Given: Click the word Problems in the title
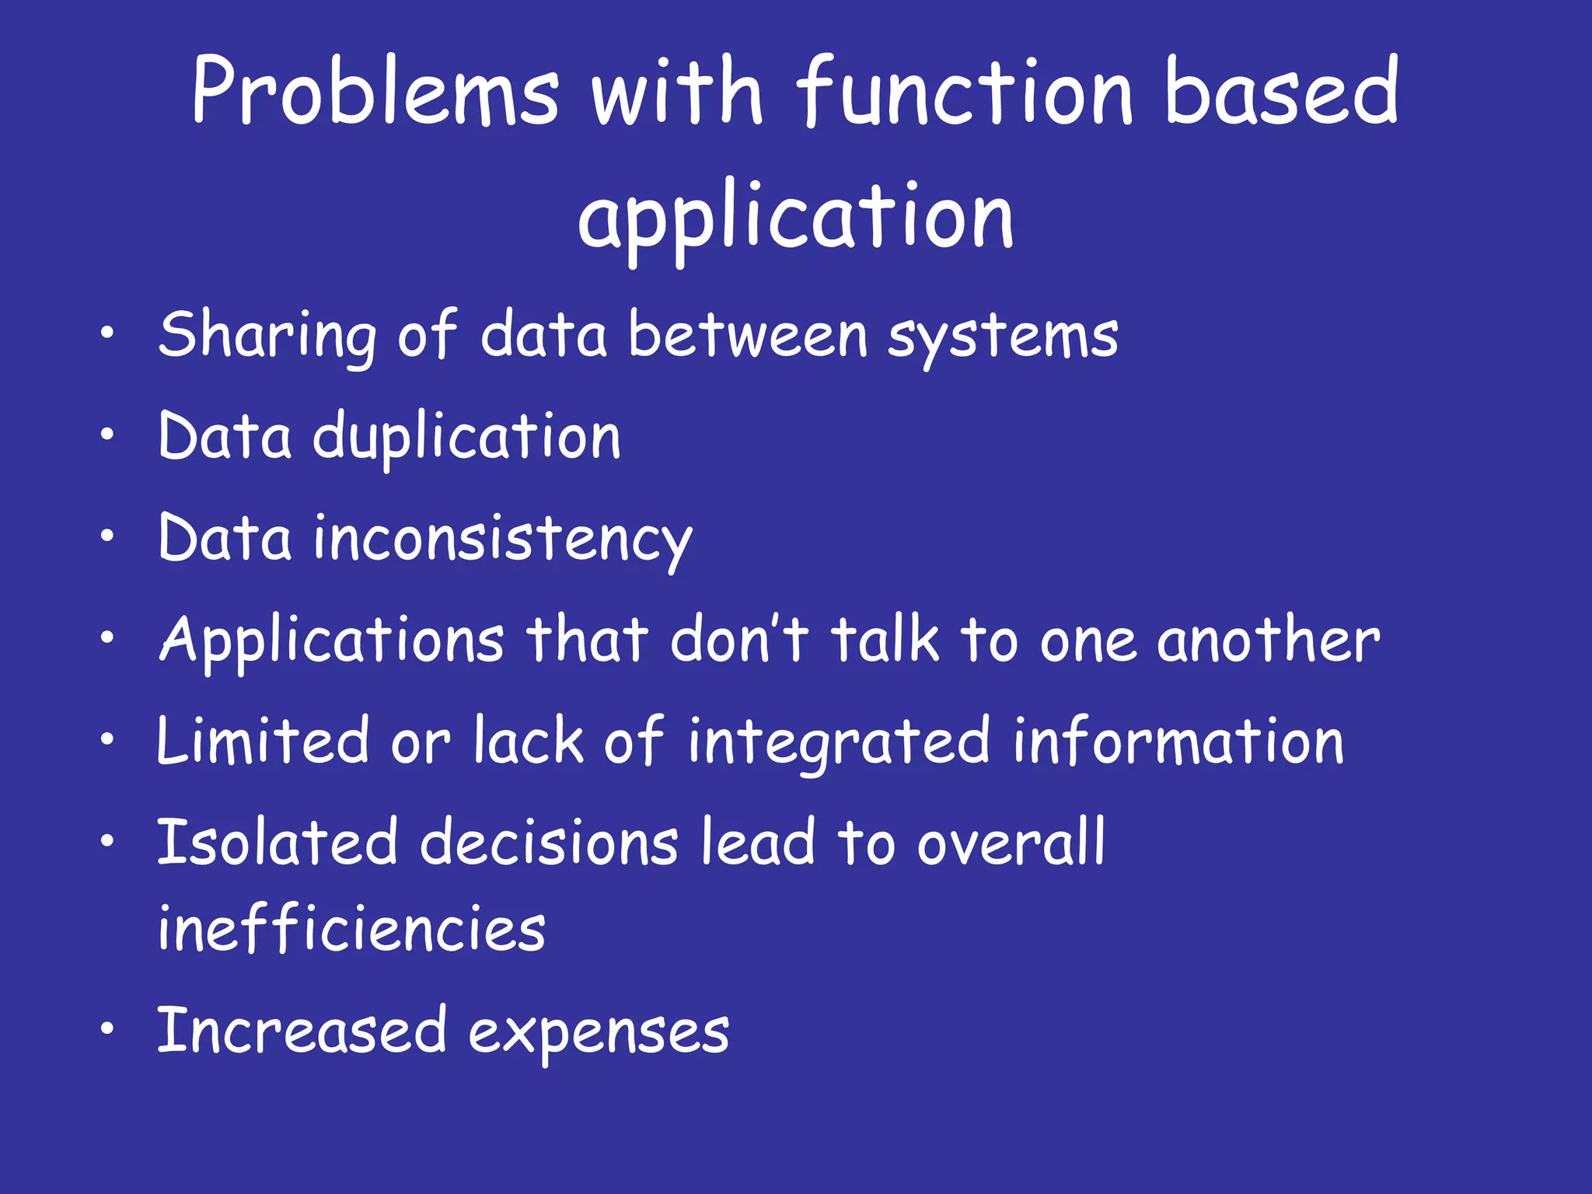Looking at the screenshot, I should click(x=375, y=92).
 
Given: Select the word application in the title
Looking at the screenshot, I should click(x=795, y=218).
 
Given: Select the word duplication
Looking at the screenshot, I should click(x=466, y=437).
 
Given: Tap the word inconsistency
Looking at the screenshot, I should click(x=502, y=539).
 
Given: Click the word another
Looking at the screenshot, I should click(x=1268, y=641).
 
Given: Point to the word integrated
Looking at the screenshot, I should click(x=840, y=742).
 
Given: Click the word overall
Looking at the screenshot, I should click(x=1011, y=843).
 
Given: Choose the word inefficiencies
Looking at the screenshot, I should click(x=351, y=928).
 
